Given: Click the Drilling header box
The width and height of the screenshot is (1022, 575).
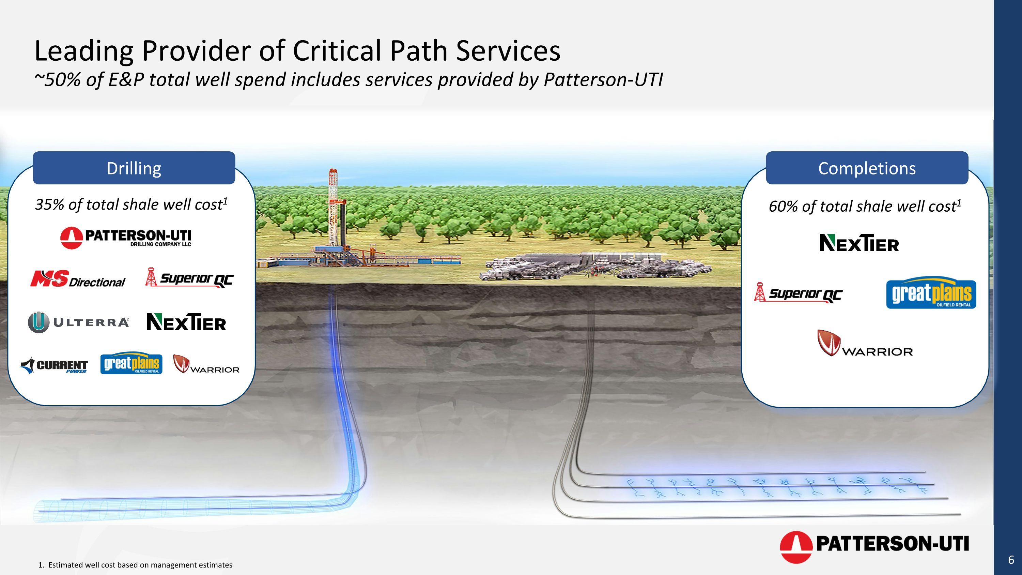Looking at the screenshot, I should (134, 168).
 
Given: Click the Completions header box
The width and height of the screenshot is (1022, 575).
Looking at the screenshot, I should (867, 168).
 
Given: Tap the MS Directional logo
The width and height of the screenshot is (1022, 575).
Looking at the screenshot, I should (78, 279).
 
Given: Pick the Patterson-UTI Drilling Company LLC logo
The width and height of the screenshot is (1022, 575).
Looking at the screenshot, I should (126, 238).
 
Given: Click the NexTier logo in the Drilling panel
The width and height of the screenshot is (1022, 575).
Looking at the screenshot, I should (186, 322).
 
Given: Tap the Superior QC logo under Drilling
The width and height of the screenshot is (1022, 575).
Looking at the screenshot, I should (190, 278).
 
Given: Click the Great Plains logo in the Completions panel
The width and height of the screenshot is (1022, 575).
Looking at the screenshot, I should (931, 293).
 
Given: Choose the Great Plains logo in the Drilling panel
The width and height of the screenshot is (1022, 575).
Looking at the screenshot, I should (131, 363).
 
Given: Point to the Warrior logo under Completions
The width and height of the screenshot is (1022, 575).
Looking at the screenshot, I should (865, 344).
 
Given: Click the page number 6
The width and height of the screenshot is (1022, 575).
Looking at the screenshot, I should (1011, 560).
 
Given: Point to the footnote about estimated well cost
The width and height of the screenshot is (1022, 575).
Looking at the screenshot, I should (135, 565).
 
